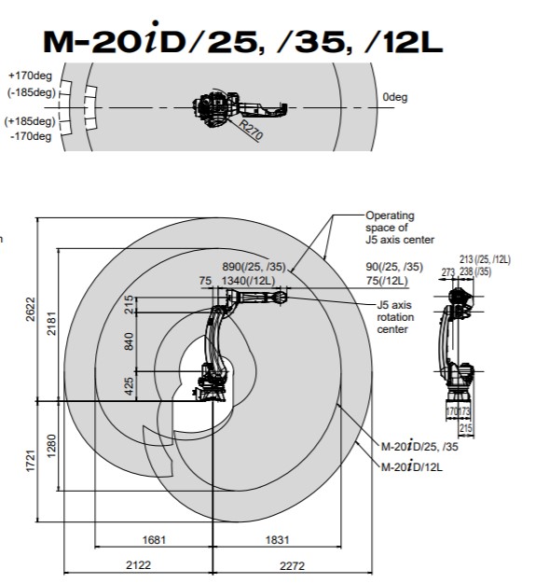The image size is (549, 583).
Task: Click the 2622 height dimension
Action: (x=31, y=310)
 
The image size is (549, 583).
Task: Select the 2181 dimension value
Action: (x=51, y=324)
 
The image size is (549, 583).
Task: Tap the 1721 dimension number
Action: (x=31, y=461)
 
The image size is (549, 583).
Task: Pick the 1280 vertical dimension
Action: (x=51, y=446)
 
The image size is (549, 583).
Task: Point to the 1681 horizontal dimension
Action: (x=154, y=539)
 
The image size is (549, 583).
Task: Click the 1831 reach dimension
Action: (x=277, y=539)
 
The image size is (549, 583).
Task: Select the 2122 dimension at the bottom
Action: (x=138, y=565)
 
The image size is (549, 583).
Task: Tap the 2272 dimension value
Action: (x=292, y=566)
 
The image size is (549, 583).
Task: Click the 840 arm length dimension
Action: (x=129, y=341)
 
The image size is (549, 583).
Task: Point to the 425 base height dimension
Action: (x=129, y=386)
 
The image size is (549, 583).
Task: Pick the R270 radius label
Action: (x=251, y=130)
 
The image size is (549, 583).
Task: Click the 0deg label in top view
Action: (x=395, y=97)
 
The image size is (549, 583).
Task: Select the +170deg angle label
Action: (x=31, y=76)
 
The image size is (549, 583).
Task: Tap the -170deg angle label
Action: (x=31, y=136)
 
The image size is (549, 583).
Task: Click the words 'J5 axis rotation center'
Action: (x=395, y=317)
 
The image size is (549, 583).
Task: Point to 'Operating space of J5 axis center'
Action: (x=400, y=228)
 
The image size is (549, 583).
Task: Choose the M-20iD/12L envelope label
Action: (x=412, y=466)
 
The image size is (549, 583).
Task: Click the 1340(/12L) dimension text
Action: (x=248, y=281)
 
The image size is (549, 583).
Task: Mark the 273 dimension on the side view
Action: (x=448, y=272)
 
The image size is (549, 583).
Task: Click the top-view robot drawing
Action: (x=240, y=107)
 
